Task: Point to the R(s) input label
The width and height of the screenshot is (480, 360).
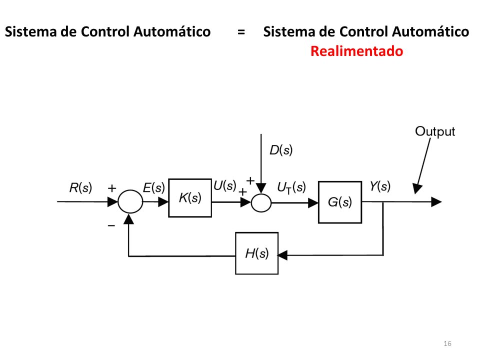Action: point(80,187)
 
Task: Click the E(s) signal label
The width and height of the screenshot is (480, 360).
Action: point(153,187)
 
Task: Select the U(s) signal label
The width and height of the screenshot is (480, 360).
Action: point(225,185)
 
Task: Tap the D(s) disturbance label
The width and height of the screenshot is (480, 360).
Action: point(281,150)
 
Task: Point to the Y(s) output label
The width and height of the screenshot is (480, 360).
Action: point(380,186)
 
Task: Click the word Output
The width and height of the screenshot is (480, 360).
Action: point(435,131)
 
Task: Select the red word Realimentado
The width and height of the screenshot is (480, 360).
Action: point(356,51)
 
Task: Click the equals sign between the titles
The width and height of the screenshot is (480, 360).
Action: point(241,32)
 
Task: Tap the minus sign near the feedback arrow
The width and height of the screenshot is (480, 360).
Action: point(111,226)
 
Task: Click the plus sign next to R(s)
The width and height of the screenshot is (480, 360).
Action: point(112,188)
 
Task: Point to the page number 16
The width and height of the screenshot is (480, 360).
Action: point(447,343)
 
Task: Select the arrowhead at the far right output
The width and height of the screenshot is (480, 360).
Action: point(436,202)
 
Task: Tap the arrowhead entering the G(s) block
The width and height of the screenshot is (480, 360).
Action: point(313,202)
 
